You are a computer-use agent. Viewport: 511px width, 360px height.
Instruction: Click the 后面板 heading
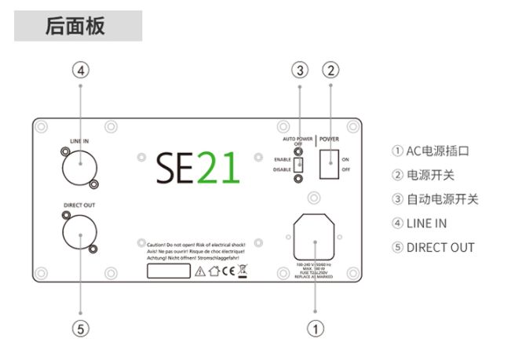click(75, 25)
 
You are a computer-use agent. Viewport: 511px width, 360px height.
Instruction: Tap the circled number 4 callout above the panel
click(82, 70)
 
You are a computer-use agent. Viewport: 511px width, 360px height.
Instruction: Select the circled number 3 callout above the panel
click(298, 70)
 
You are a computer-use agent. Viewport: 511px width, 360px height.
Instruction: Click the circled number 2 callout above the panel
click(330, 70)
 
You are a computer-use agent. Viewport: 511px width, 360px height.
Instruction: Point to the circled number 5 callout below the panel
click(82, 329)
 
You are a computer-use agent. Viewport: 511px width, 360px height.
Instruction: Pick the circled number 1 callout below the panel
click(315, 329)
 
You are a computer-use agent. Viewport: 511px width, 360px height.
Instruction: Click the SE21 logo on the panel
click(197, 166)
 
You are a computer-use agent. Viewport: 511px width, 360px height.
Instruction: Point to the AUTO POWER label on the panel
click(297, 137)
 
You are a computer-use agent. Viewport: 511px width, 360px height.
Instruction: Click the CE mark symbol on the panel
click(230, 271)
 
